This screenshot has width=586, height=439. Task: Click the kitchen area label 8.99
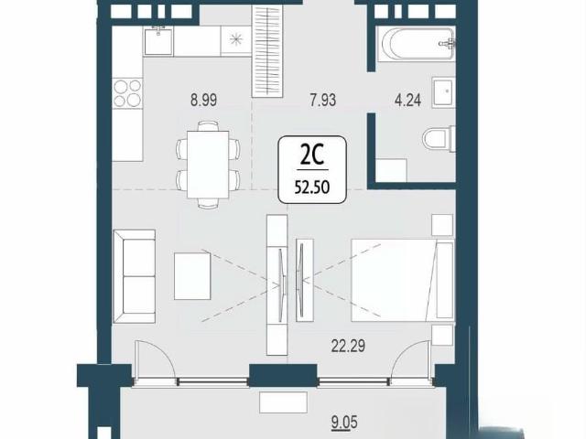pyautogui.click(x=203, y=100)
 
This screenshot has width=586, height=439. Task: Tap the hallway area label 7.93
pyautogui.click(x=323, y=100)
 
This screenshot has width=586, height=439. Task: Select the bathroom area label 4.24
pyautogui.click(x=408, y=100)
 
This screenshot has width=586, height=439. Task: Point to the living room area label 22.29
pyautogui.click(x=348, y=346)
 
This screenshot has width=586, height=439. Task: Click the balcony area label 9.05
pyautogui.click(x=344, y=423)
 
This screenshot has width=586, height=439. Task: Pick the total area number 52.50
pyautogui.click(x=312, y=187)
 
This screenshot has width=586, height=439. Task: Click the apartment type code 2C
pyautogui.click(x=312, y=156)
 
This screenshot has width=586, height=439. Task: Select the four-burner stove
pyautogui.click(x=127, y=93)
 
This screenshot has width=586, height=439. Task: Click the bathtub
pyautogui.click(x=416, y=44)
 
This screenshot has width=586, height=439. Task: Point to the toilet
pyautogui.click(x=439, y=138)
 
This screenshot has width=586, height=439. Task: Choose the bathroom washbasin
pyautogui.click(x=443, y=92)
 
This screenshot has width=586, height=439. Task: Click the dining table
pyautogui.click(x=208, y=165)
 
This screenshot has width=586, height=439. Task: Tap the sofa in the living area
pyautogui.click(x=135, y=276)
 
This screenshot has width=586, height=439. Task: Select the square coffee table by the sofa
pyautogui.click(x=192, y=276)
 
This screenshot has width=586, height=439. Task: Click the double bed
pyautogui.click(x=403, y=281)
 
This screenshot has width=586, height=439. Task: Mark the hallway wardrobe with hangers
pyautogui.click(x=266, y=51)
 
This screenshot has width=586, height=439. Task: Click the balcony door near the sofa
pyautogui.click(x=155, y=360)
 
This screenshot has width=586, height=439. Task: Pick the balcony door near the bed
pyautogui.click(x=411, y=361)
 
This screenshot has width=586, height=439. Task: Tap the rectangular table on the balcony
pyautogui.click(x=283, y=402)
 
